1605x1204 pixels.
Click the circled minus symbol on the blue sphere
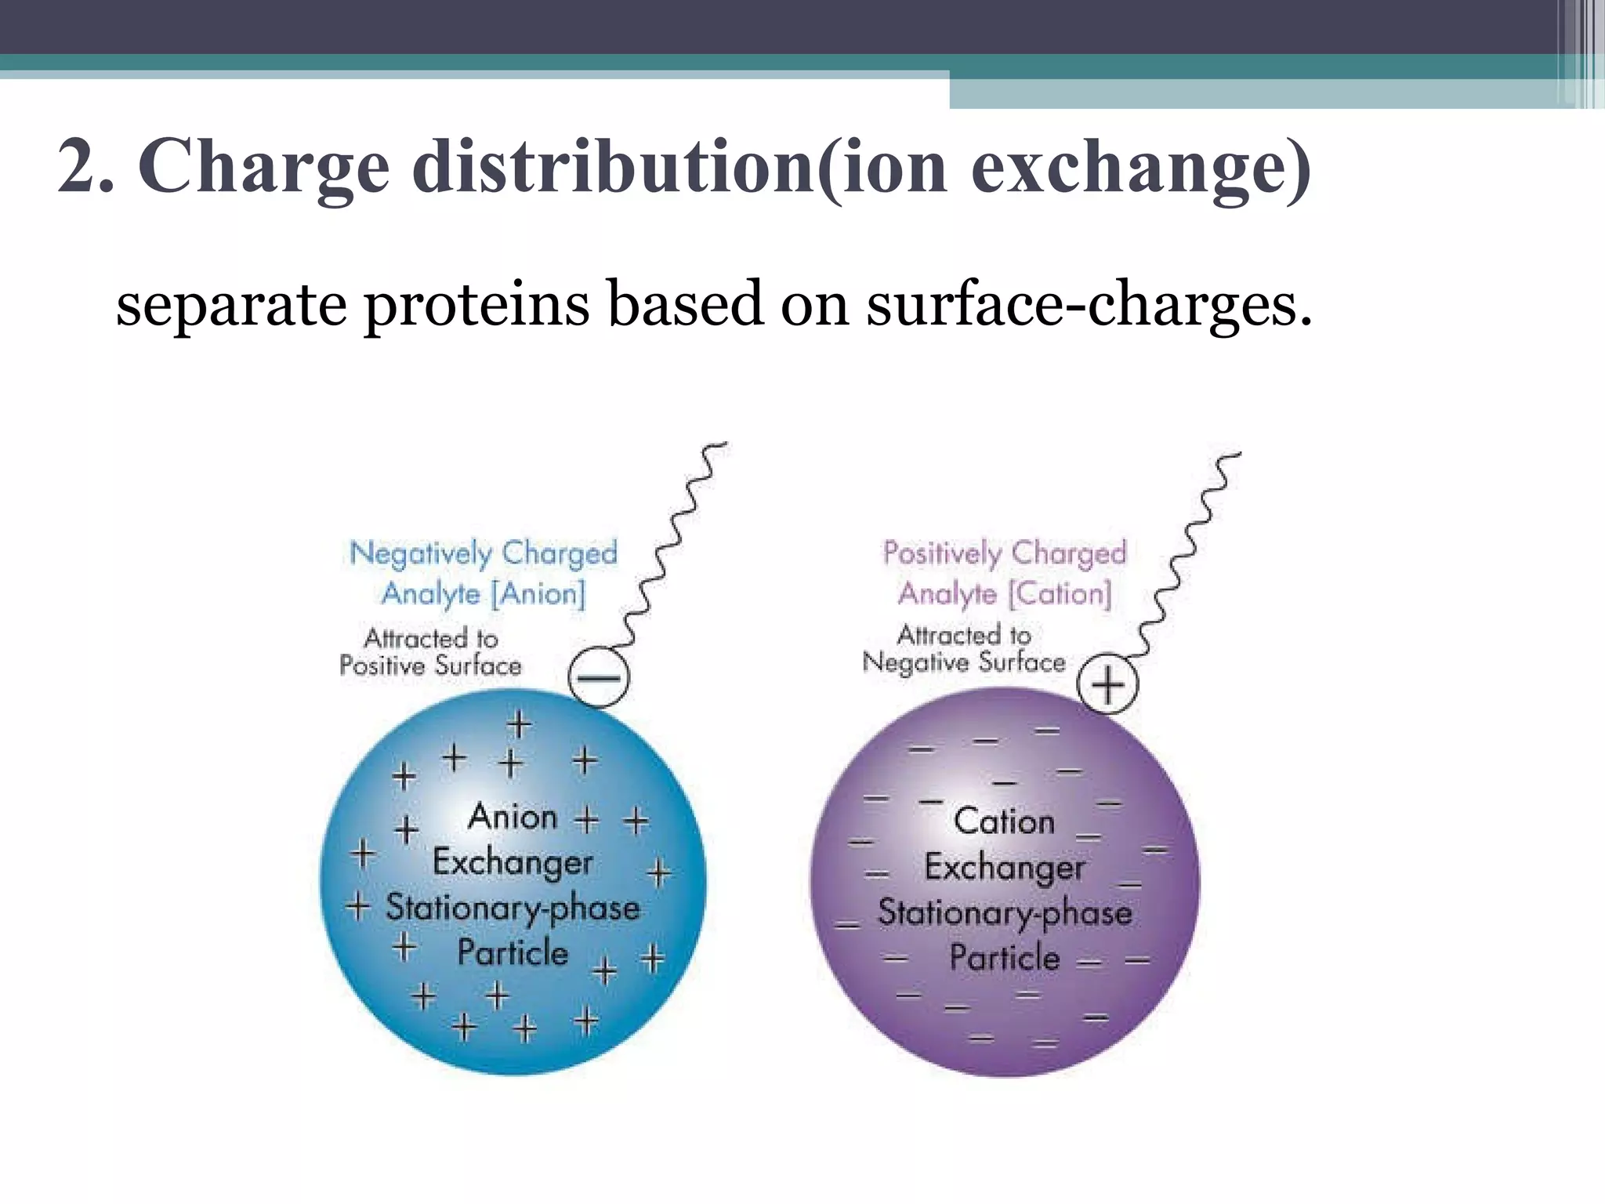[x=599, y=678]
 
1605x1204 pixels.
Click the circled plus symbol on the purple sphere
[x=1107, y=684]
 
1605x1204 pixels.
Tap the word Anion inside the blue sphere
[x=513, y=818]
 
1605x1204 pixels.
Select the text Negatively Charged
[x=484, y=553]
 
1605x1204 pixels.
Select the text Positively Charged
[x=1005, y=553]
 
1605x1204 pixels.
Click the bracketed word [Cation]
[x=1060, y=593]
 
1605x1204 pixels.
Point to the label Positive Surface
[x=430, y=666]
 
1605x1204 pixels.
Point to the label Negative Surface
[x=963, y=663]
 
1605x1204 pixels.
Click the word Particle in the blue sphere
[x=513, y=952]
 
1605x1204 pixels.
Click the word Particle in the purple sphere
[x=1004, y=958]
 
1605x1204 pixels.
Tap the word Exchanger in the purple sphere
[x=1004, y=867]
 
